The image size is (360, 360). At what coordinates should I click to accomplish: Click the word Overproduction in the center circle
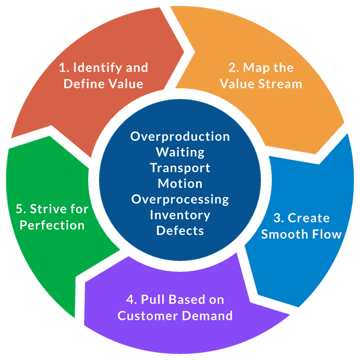pos(180,136)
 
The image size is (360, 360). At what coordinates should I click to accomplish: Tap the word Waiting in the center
pos(180,152)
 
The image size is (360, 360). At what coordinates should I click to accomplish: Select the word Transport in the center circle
pos(180,167)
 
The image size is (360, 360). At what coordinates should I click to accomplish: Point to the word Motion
pos(180,183)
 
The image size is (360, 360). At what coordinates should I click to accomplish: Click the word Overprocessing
pos(180,199)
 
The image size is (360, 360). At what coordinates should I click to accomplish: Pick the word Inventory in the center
pos(180,214)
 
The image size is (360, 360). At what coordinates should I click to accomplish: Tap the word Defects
pos(180,230)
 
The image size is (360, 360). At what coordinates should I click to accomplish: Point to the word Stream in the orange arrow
pos(280,83)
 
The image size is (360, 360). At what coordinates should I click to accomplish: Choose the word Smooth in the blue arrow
pos(280,234)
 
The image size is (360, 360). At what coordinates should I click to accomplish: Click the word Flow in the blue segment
pos(325,234)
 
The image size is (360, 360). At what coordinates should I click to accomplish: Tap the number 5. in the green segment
pos(20,209)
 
